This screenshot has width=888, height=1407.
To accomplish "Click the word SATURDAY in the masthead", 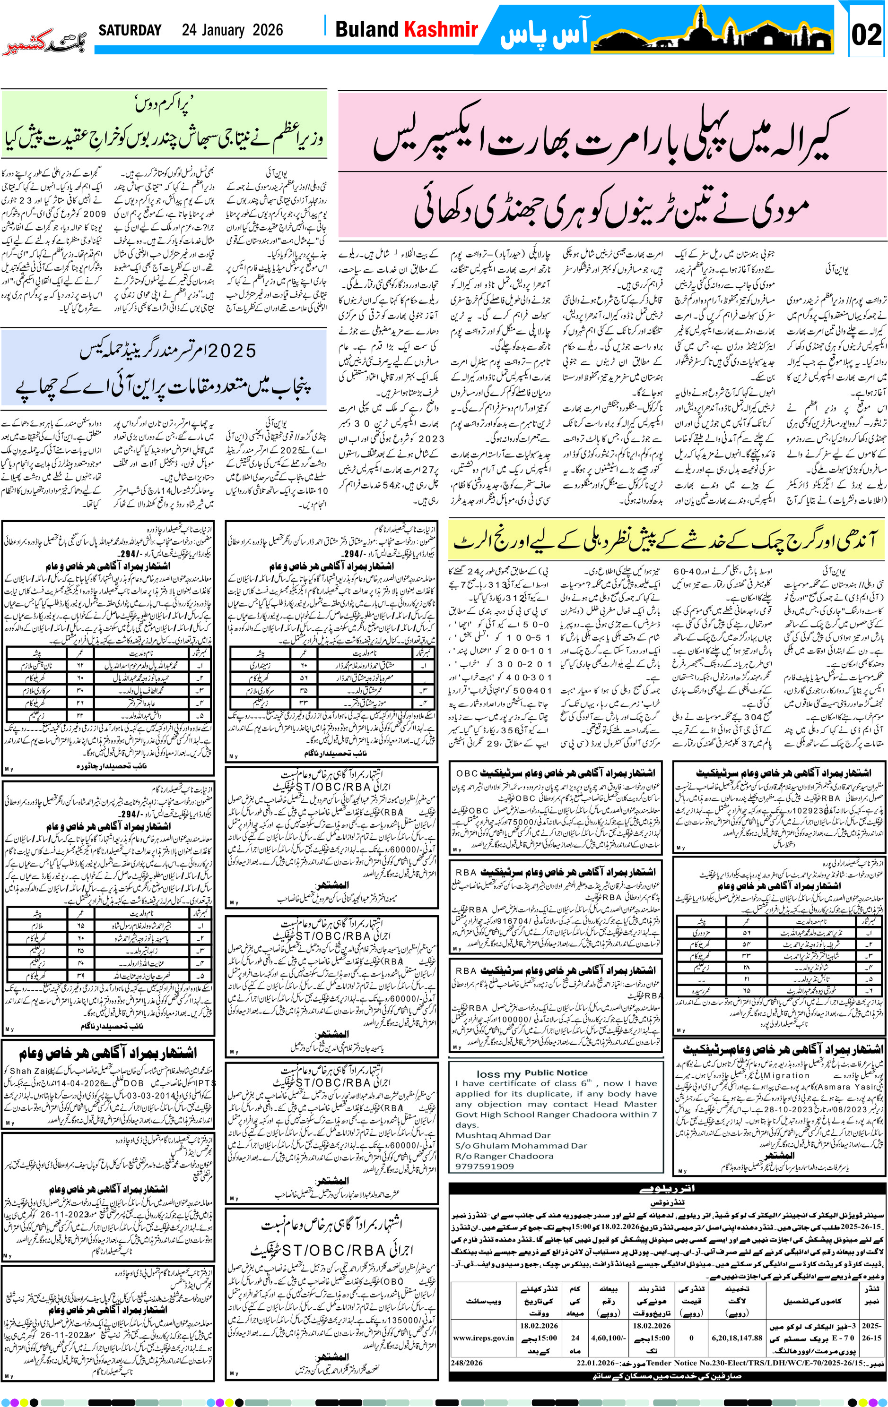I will pos(129,30).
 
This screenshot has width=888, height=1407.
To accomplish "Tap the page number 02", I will pos(866,34).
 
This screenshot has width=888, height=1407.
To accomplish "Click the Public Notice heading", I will pos(556,1073).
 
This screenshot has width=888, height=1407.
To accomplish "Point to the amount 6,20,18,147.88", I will pos(737,1338).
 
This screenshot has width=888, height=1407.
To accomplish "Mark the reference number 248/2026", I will pos(467,1363).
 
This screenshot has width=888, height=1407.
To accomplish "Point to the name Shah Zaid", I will pos(33,1071).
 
